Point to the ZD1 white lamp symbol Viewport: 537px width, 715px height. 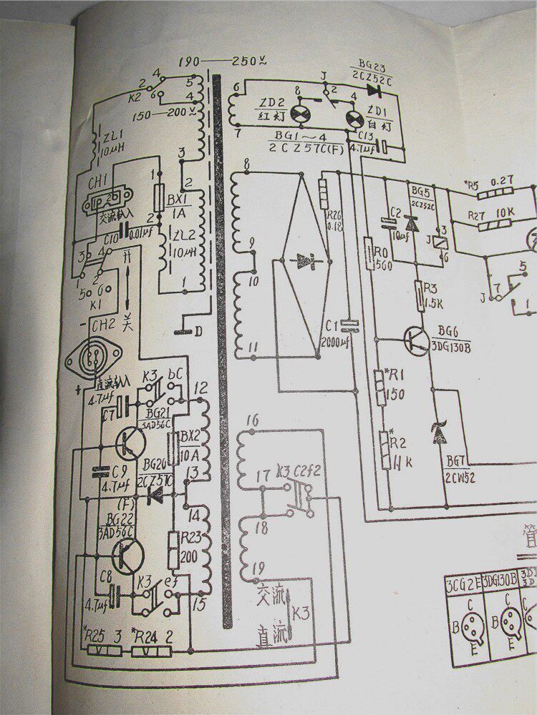352,117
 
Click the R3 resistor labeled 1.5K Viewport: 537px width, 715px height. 421,295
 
